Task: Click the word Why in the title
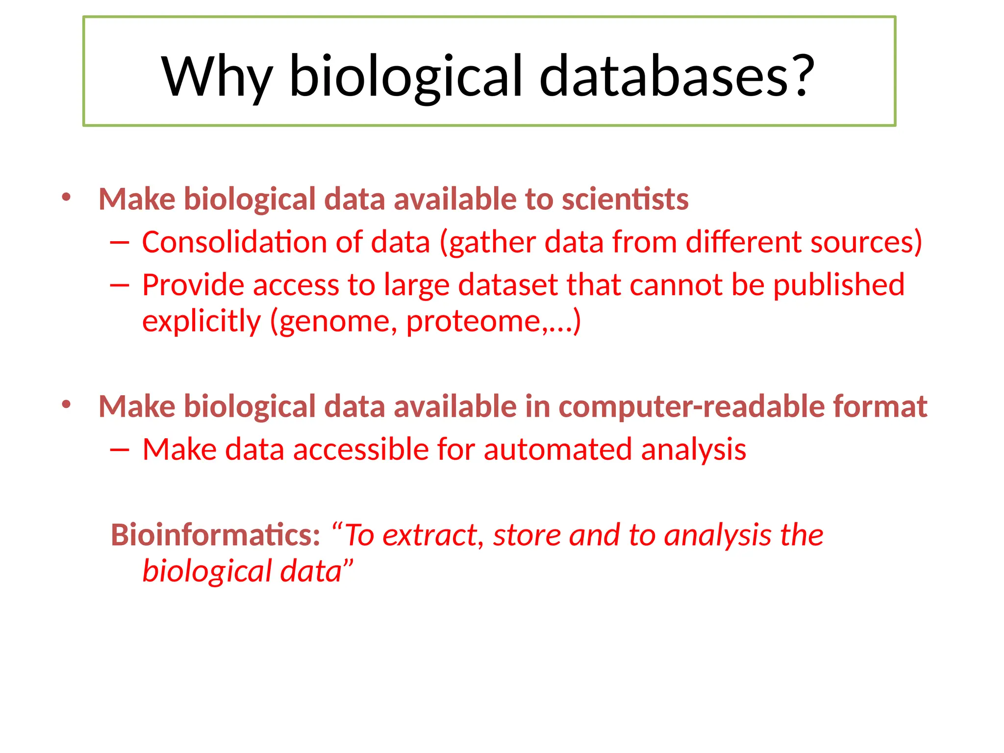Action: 217,77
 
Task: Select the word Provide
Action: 193,285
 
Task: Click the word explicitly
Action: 201,322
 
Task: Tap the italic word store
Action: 527,535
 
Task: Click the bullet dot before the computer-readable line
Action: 67,405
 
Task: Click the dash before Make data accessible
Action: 120,450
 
